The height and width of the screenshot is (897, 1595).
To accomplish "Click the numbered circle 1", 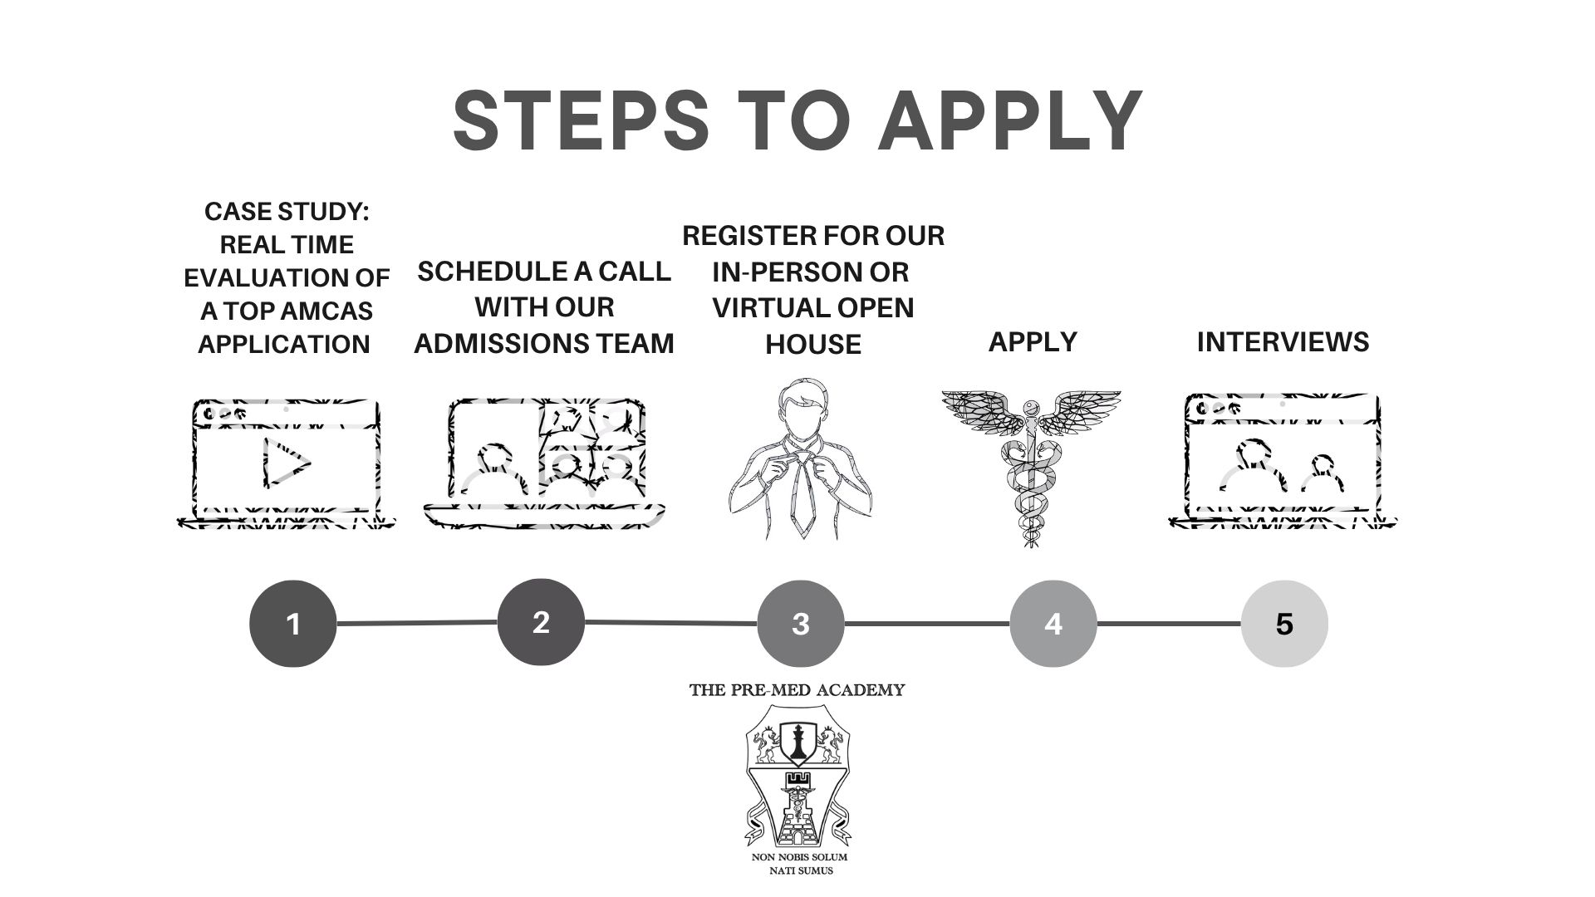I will click(x=292, y=623).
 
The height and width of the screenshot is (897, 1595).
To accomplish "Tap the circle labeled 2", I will click(x=541, y=622).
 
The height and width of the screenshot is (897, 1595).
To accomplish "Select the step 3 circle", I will click(x=801, y=623).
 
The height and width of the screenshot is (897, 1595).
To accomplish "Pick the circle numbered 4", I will click(x=1053, y=623).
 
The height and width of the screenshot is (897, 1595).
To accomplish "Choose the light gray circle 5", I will click(x=1284, y=623).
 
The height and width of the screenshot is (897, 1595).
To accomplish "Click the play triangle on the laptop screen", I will click(x=286, y=462).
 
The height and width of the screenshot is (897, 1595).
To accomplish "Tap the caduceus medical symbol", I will click(x=1031, y=465).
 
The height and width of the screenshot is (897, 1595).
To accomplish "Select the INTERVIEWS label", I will click(x=1283, y=342).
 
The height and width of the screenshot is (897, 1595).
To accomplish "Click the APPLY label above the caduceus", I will click(x=1033, y=341).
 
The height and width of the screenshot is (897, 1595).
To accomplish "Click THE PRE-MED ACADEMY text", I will click(x=797, y=690).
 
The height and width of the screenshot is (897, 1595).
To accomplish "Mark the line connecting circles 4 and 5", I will click(x=1169, y=623).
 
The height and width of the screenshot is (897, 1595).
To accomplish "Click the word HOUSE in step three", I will click(x=812, y=344).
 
